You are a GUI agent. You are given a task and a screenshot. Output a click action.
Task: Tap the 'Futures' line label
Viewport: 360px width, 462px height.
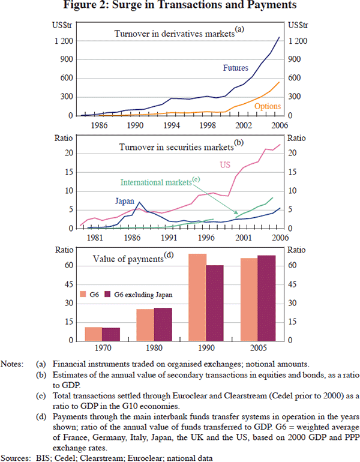click(x=236, y=68)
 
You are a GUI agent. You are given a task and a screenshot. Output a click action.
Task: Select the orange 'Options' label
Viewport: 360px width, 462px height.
click(x=267, y=106)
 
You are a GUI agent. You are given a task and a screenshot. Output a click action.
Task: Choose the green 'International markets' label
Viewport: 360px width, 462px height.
click(x=156, y=182)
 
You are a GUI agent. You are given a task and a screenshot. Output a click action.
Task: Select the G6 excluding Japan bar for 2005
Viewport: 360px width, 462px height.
click(x=266, y=298)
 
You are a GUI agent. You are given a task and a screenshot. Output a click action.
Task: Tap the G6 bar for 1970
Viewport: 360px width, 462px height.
click(x=93, y=334)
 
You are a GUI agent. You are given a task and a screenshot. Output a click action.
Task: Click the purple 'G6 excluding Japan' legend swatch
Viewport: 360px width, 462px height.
click(x=108, y=295)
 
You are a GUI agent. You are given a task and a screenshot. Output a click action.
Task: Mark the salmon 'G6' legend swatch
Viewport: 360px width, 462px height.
click(x=84, y=295)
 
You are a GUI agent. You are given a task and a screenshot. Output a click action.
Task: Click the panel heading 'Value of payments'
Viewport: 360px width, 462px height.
click(x=129, y=259)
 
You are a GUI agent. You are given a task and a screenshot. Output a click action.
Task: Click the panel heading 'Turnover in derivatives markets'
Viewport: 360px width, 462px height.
click(x=173, y=34)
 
